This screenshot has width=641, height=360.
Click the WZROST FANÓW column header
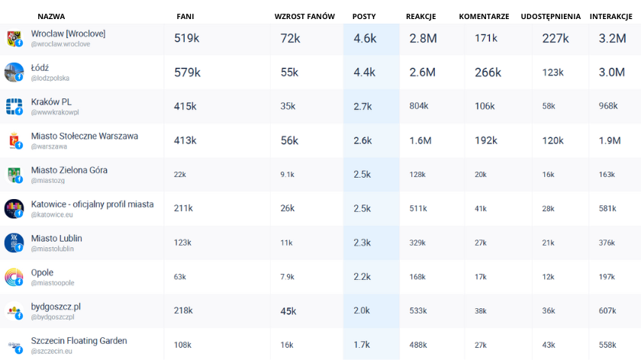[x=304, y=16]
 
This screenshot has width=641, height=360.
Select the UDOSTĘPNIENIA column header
[x=550, y=16]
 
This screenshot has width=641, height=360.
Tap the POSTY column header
[x=364, y=16]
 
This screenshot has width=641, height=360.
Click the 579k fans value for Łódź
[x=187, y=72]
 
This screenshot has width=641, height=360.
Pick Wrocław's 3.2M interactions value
[x=612, y=38]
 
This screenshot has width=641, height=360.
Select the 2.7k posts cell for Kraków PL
[x=362, y=106]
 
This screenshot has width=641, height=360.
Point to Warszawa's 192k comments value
[x=485, y=140]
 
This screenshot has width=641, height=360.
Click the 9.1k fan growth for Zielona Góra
[x=287, y=175]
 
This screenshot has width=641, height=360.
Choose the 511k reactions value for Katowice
[x=418, y=208]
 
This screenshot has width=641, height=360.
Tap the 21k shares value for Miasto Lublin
[x=549, y=243]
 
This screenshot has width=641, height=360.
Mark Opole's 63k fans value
[x=180, y=276]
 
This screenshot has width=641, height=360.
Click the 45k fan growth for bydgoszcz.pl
[x=288, y=310]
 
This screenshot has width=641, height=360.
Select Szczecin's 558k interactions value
[x=608, y=345]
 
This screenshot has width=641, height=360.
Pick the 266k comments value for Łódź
[x=488, y=72]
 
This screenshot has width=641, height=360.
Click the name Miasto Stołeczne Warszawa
[x=85, y=136]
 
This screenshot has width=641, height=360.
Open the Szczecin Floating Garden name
[x=79, y=340]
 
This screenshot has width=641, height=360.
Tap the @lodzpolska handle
[x=50, y=78]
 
